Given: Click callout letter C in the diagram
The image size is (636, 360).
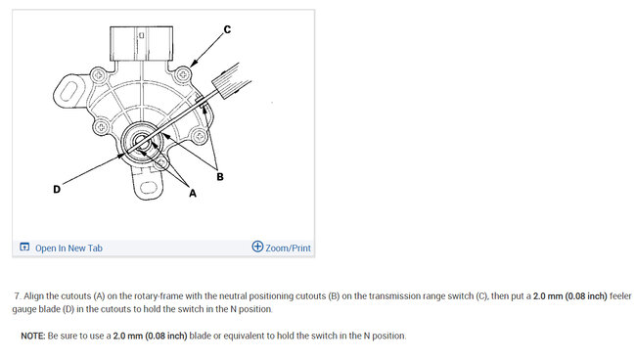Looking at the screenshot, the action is click(227, 29).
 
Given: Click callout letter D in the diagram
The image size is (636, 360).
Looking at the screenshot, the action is click(57, 190).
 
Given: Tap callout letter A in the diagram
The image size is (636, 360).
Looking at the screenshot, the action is click(193, 194).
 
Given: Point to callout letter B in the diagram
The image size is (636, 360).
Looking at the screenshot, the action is click(220, 177).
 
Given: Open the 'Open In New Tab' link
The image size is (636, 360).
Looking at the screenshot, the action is click(68, 248).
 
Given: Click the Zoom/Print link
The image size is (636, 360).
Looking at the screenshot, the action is click(288, 248).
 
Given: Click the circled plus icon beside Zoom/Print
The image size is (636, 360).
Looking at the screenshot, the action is click(257, 247).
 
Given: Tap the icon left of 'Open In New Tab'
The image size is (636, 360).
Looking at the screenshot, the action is click(24, 247).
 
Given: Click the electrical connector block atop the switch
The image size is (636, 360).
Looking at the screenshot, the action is click(141, 44).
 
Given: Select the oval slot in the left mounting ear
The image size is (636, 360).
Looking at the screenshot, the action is click(69, 92).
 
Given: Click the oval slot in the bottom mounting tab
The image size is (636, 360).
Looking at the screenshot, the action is click(148, 188).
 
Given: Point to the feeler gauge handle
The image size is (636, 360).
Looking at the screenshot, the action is click(232, 81).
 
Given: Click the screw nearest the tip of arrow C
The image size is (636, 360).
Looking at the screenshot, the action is click(183, 74).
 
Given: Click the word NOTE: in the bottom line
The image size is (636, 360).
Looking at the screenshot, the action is click(33, 336).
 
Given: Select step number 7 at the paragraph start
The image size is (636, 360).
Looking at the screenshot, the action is click(18, 296).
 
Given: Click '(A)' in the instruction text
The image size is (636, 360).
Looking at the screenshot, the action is click(100, 296).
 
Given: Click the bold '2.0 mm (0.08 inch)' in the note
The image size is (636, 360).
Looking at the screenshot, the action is click(150, 336).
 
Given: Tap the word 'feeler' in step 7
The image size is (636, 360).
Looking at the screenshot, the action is click(620, 296).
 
